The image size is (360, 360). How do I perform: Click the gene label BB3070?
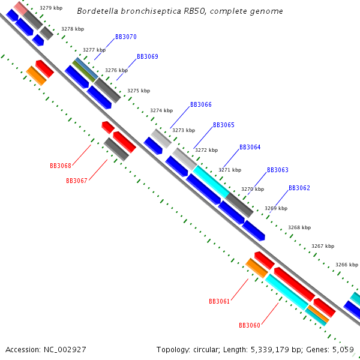126,37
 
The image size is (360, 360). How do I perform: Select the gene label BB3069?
148,57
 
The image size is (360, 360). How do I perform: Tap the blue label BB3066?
201,104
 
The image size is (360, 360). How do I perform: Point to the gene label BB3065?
224,125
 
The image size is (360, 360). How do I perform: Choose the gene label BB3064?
250,148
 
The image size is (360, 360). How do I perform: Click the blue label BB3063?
278,170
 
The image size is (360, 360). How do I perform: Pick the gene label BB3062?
299,188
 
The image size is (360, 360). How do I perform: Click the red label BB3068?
61,166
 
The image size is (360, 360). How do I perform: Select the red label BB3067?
77,181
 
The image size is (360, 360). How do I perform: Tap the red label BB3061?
220,302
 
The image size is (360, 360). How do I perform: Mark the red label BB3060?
250,326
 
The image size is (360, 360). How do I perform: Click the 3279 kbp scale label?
50,8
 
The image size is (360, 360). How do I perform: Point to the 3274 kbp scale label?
161,110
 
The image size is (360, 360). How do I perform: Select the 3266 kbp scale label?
347,265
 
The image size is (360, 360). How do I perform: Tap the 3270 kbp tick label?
253,189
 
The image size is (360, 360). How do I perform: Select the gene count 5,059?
343,349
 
